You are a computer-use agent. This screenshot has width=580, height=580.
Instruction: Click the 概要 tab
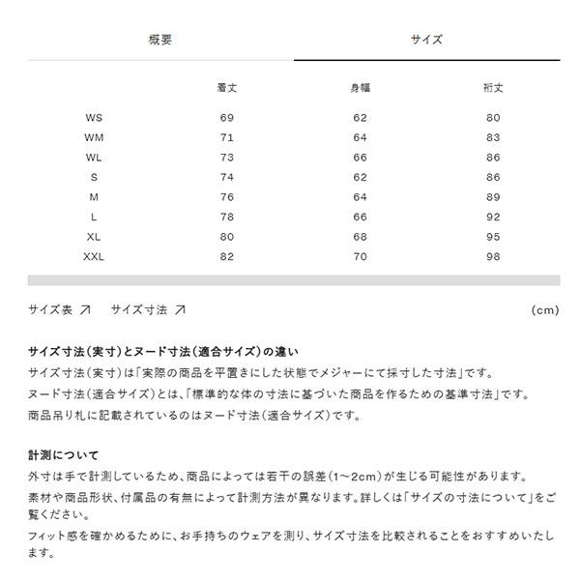click(160, 40)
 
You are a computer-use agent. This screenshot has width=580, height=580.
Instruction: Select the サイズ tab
click(426, 40)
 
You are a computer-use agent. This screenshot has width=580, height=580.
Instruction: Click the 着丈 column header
click(227, 88)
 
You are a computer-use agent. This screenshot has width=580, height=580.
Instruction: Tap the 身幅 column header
click(360, 88)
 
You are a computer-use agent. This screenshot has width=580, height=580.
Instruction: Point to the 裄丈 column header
click(493, 88)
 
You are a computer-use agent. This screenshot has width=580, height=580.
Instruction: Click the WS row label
click(94, 118)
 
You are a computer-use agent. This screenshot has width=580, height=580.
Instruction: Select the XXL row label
click(94, 257)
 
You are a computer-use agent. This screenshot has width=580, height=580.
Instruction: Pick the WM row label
click(94, 138)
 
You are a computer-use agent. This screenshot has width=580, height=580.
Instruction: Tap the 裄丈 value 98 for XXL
click(493, 257)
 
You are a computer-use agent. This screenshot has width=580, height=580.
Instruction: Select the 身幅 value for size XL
click(360, 237)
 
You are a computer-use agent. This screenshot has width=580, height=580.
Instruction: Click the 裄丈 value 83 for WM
click(493, 138)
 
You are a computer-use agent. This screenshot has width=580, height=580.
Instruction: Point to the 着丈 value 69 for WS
click(227, 118)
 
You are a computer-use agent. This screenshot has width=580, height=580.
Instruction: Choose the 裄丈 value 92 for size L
click(493, 217)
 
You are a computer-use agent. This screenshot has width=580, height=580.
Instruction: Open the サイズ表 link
click(59, 310)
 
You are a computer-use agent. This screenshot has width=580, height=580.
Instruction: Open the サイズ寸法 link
click(147, 310)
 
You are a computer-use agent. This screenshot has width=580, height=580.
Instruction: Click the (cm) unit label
click(545, 311)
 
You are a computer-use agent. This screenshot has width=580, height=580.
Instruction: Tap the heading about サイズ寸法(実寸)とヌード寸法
click(163, 352)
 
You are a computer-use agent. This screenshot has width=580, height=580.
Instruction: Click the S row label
click(94, 178)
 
